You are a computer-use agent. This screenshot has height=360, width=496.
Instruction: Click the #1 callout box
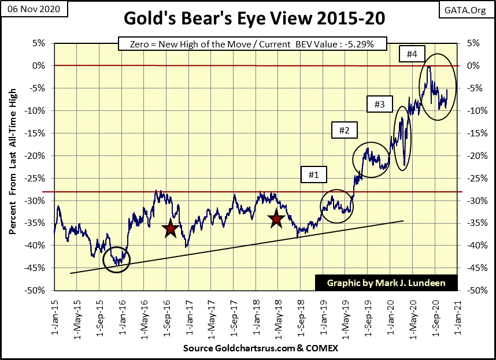(313, 173)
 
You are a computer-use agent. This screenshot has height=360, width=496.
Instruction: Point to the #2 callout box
(344, 130)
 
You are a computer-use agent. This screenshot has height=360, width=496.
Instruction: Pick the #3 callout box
(380, 105)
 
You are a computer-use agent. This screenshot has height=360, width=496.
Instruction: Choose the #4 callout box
(412, 54)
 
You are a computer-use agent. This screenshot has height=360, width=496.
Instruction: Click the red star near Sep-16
(170, 229)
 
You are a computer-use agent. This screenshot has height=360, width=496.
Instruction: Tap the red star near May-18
(276, 218)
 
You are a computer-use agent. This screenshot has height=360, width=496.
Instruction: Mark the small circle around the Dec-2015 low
(117, 259)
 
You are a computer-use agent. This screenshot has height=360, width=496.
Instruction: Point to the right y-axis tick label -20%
(472, 155)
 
